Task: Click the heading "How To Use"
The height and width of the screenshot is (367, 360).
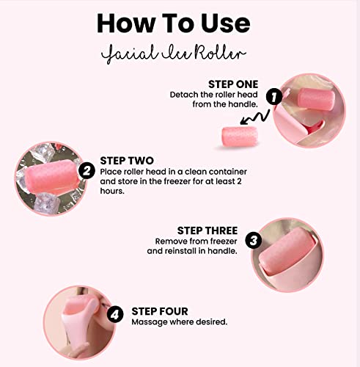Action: tap(180, 23)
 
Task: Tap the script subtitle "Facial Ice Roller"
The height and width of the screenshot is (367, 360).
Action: tap(180, 54)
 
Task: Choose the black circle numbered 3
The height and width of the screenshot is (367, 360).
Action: tap(254, 240)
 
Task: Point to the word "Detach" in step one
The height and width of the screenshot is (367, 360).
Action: tap(183, 95)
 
